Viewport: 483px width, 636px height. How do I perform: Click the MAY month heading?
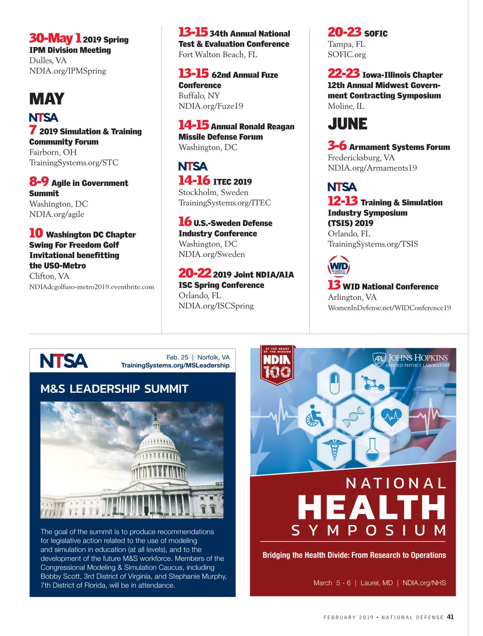[47, 99]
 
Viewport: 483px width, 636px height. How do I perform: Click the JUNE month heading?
[347, 124]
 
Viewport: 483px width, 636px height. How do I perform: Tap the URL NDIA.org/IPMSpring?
[68, 71]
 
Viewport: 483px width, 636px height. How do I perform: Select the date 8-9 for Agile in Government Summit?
[39, 182]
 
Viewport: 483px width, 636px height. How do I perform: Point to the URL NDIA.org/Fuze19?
[211, 106]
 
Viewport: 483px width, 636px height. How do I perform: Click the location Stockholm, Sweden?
[213, 193]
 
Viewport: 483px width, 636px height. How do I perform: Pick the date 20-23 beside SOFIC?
[344, 33]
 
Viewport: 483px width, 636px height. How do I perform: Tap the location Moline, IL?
[346, 106]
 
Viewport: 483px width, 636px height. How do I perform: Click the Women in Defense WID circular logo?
[339, 266]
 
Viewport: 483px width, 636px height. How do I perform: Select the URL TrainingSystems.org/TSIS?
[373, 244]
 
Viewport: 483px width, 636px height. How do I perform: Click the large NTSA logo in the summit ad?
[64, 361]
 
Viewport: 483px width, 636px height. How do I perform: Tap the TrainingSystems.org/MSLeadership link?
[175, 365]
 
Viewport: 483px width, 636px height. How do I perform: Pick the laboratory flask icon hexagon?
[372, 450]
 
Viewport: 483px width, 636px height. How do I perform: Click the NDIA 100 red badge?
[277, 365]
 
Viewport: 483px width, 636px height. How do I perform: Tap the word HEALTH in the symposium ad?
[372, 507]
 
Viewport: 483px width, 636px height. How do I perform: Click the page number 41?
[450, 617]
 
